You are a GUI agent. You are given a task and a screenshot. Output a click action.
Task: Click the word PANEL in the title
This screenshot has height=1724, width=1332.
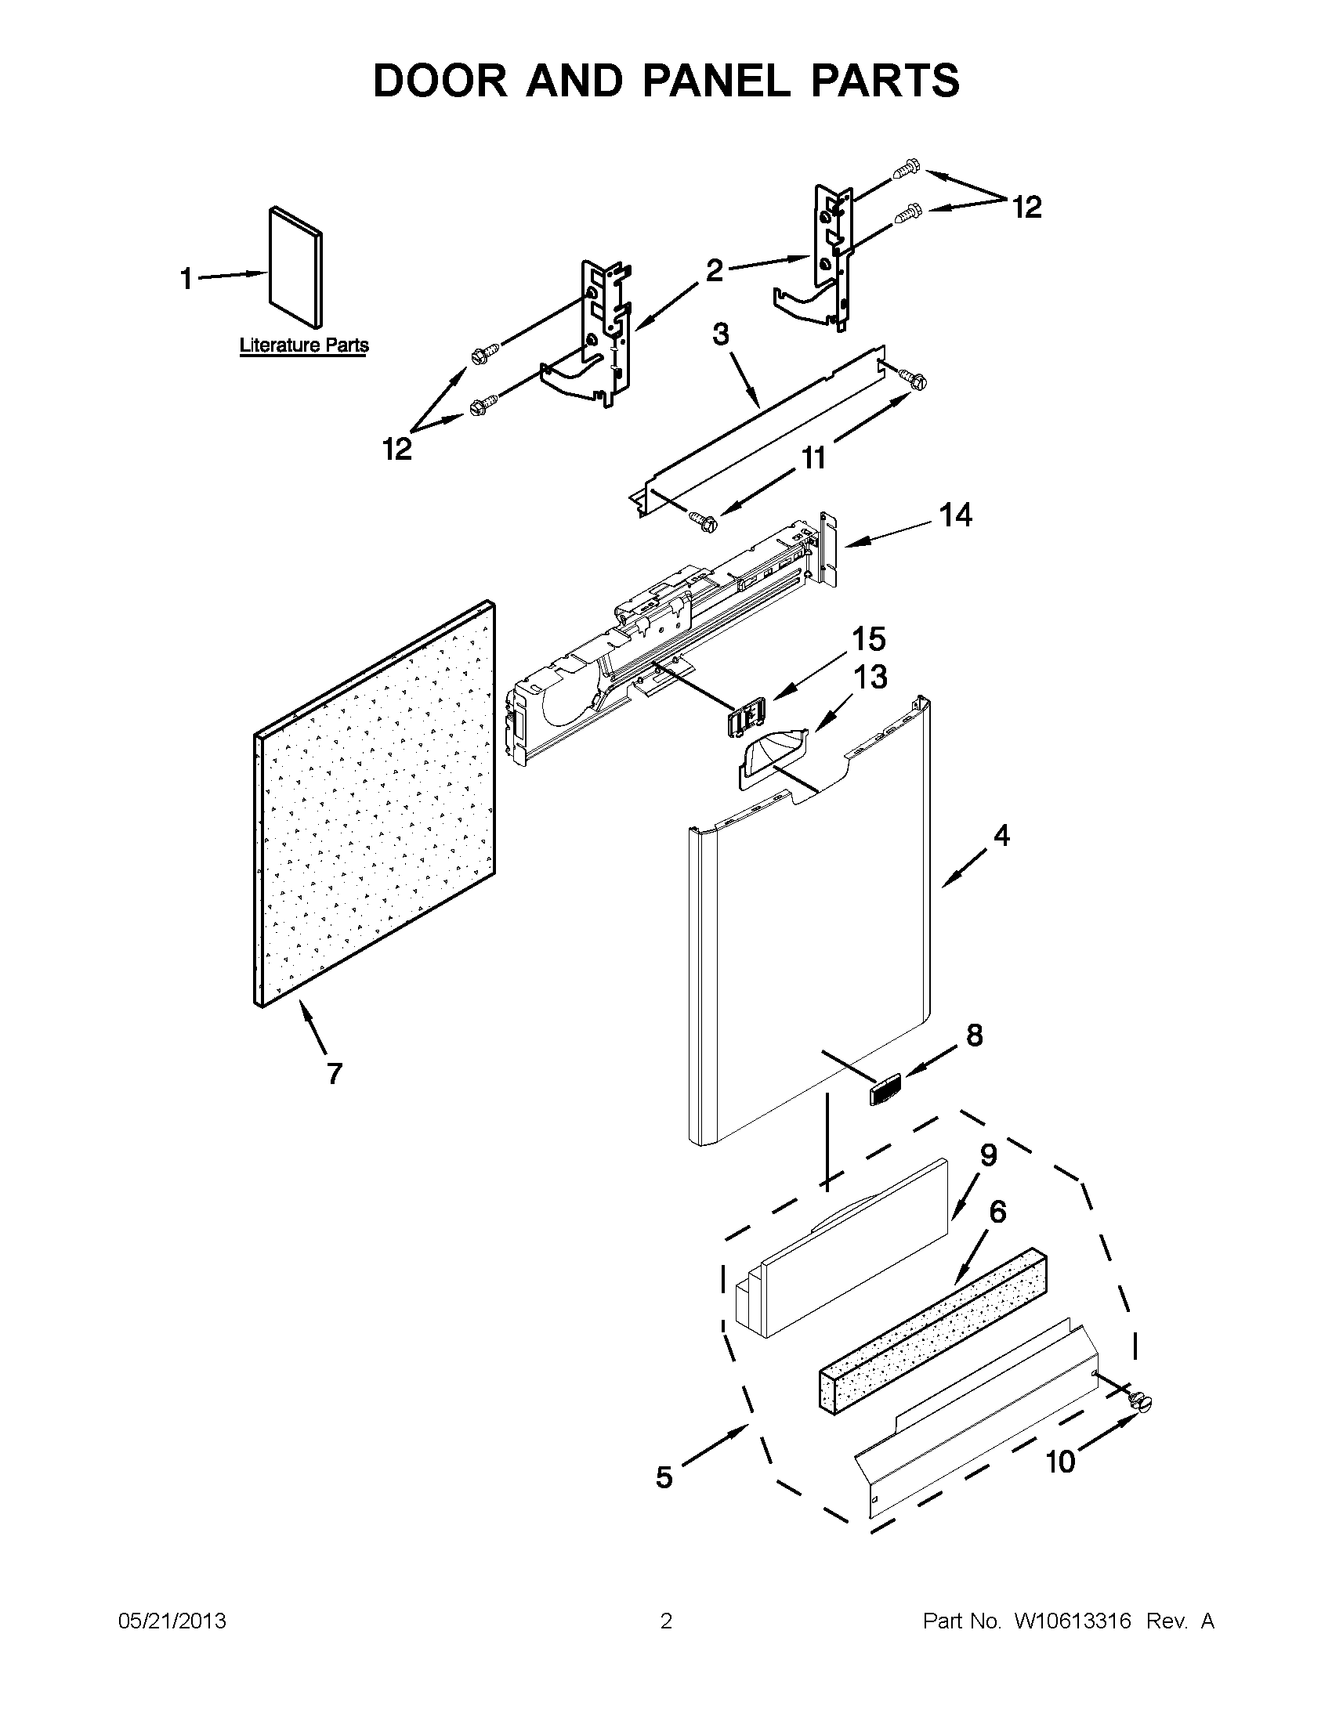click(716, 81)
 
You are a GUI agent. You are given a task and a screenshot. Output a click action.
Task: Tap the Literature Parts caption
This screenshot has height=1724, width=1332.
click(304, 345)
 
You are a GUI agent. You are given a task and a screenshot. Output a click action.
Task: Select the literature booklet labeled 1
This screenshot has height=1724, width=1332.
click(295, 267)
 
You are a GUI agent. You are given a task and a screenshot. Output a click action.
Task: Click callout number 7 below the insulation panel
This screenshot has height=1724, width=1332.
click(334, 1074)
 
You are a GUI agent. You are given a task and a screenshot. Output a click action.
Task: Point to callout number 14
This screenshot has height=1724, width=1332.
click(954, 515)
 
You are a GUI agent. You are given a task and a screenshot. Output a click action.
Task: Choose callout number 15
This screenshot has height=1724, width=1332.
click(868, 639)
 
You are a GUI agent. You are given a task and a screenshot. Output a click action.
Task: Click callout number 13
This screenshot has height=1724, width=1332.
click(868, 678)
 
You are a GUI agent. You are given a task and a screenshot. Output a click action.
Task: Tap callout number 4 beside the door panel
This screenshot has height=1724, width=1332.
click(1001, 835)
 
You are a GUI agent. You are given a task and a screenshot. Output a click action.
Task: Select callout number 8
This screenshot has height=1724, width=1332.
click(975, 1035)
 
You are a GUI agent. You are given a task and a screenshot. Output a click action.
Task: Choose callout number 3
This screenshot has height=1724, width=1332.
click(721, 334)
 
